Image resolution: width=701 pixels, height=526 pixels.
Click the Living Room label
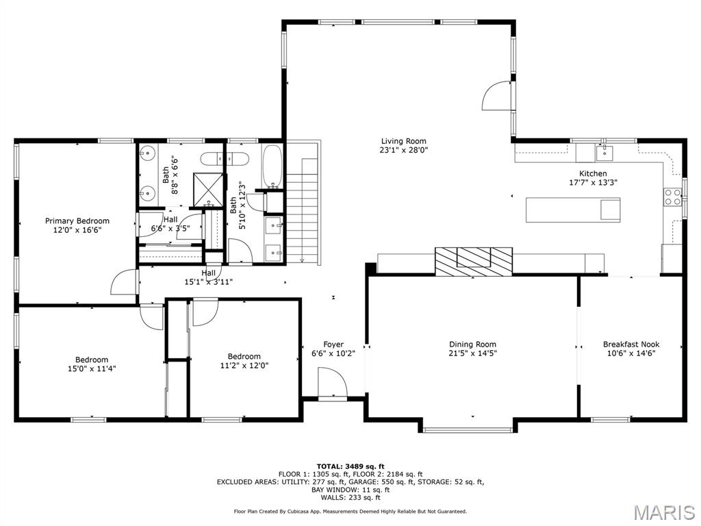(x=404, y=141)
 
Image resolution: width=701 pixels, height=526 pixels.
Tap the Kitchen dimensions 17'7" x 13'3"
(x=593, y=183)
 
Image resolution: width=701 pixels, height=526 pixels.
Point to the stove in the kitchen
(x=672, y=197)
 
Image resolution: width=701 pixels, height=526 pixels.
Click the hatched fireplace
(x=473, y=260)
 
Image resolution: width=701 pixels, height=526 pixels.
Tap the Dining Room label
(x=472, y=345)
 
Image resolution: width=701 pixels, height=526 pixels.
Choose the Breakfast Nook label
(x=631, y=345)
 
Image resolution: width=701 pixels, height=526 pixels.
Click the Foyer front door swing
(x=333, y=382)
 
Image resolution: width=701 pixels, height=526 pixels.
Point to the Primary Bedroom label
(x=77, y=221)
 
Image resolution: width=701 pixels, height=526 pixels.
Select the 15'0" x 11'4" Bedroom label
(x=92, y=360)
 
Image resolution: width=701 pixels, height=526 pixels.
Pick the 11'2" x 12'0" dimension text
(x=244, y=366)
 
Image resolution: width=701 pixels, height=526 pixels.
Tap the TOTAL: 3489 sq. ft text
(x=350, y=466)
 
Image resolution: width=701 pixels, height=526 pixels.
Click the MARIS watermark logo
(x=663, y=512)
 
